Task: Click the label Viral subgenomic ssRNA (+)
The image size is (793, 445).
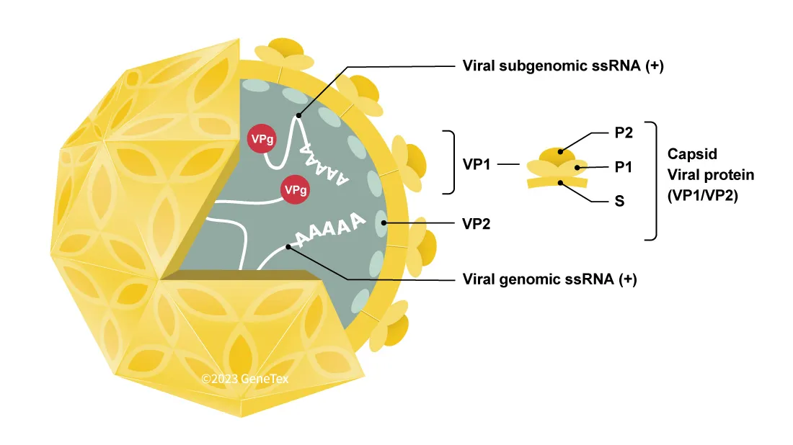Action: tap(562, 66)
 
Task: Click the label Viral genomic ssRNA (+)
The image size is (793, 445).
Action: tap(549, 279)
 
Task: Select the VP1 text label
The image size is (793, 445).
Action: tap(477, 163)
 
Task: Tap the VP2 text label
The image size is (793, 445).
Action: tap(477, 223)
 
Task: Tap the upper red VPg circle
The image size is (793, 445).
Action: tap(260, 140)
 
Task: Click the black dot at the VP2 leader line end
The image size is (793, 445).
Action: tap(385, 223)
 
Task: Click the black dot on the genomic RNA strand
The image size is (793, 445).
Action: tap(289, 247)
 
